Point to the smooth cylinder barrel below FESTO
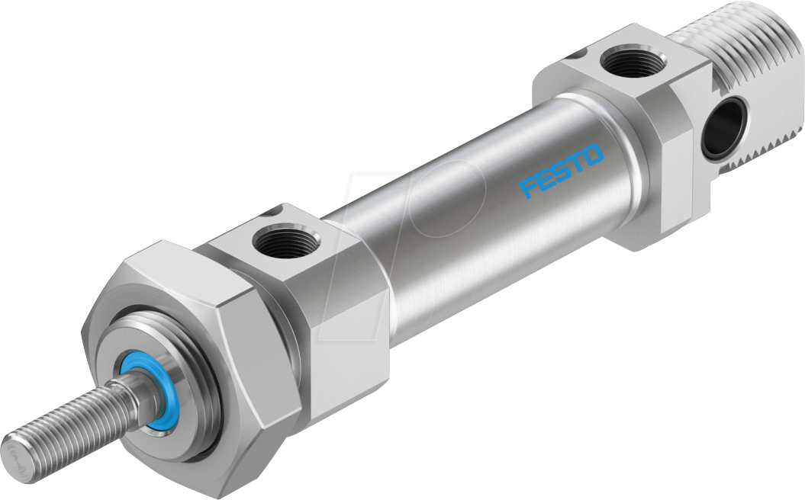coord(488,229)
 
